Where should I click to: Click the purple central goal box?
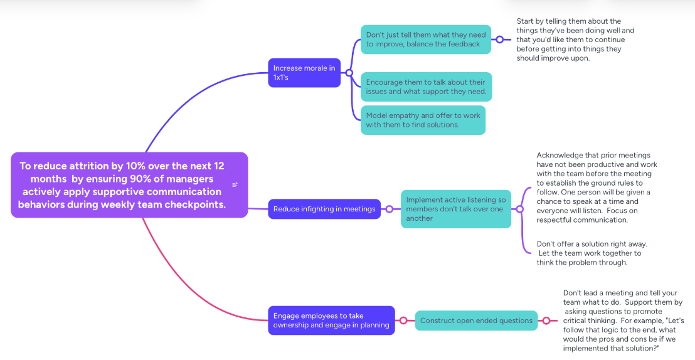[129, 185]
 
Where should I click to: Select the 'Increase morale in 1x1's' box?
[304, 73]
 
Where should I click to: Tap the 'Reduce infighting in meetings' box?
[324, 209]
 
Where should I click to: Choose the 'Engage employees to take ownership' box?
[331, 320]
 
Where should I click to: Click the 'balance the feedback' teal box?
[425, 40]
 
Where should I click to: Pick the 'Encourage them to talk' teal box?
[426, 87]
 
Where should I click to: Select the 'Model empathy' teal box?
[423, 120]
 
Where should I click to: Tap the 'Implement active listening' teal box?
[455, 209]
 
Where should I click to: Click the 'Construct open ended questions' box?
[476, 320]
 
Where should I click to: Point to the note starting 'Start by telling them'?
[575, 40]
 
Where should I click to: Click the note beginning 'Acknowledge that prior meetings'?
[597, 188]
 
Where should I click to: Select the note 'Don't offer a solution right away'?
[592, 253]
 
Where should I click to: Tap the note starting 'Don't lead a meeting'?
[623, 320]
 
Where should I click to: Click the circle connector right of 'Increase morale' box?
[349, 73]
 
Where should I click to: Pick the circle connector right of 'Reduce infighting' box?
[389, 209]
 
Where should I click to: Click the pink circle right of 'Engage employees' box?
[403, 320]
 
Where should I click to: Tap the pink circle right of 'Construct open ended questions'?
[546, 320]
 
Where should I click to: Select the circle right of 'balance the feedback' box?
[499, 40]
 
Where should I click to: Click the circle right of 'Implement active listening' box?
[520, 209]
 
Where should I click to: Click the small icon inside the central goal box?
[235, 184]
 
